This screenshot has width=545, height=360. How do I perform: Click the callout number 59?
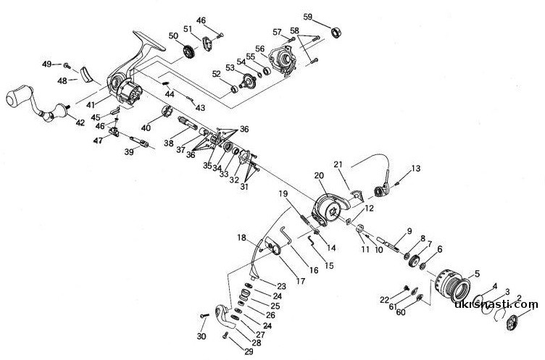308,16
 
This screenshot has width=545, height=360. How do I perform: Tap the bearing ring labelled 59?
336,32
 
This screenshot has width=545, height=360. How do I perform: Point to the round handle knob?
17,99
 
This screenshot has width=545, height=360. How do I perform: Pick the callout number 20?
319,176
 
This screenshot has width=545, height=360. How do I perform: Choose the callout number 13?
415,168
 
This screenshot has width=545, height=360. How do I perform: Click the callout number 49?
46,64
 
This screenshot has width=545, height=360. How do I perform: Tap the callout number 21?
338,164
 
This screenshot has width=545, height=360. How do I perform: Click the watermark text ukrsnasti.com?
496,305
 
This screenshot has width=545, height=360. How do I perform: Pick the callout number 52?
216,74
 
